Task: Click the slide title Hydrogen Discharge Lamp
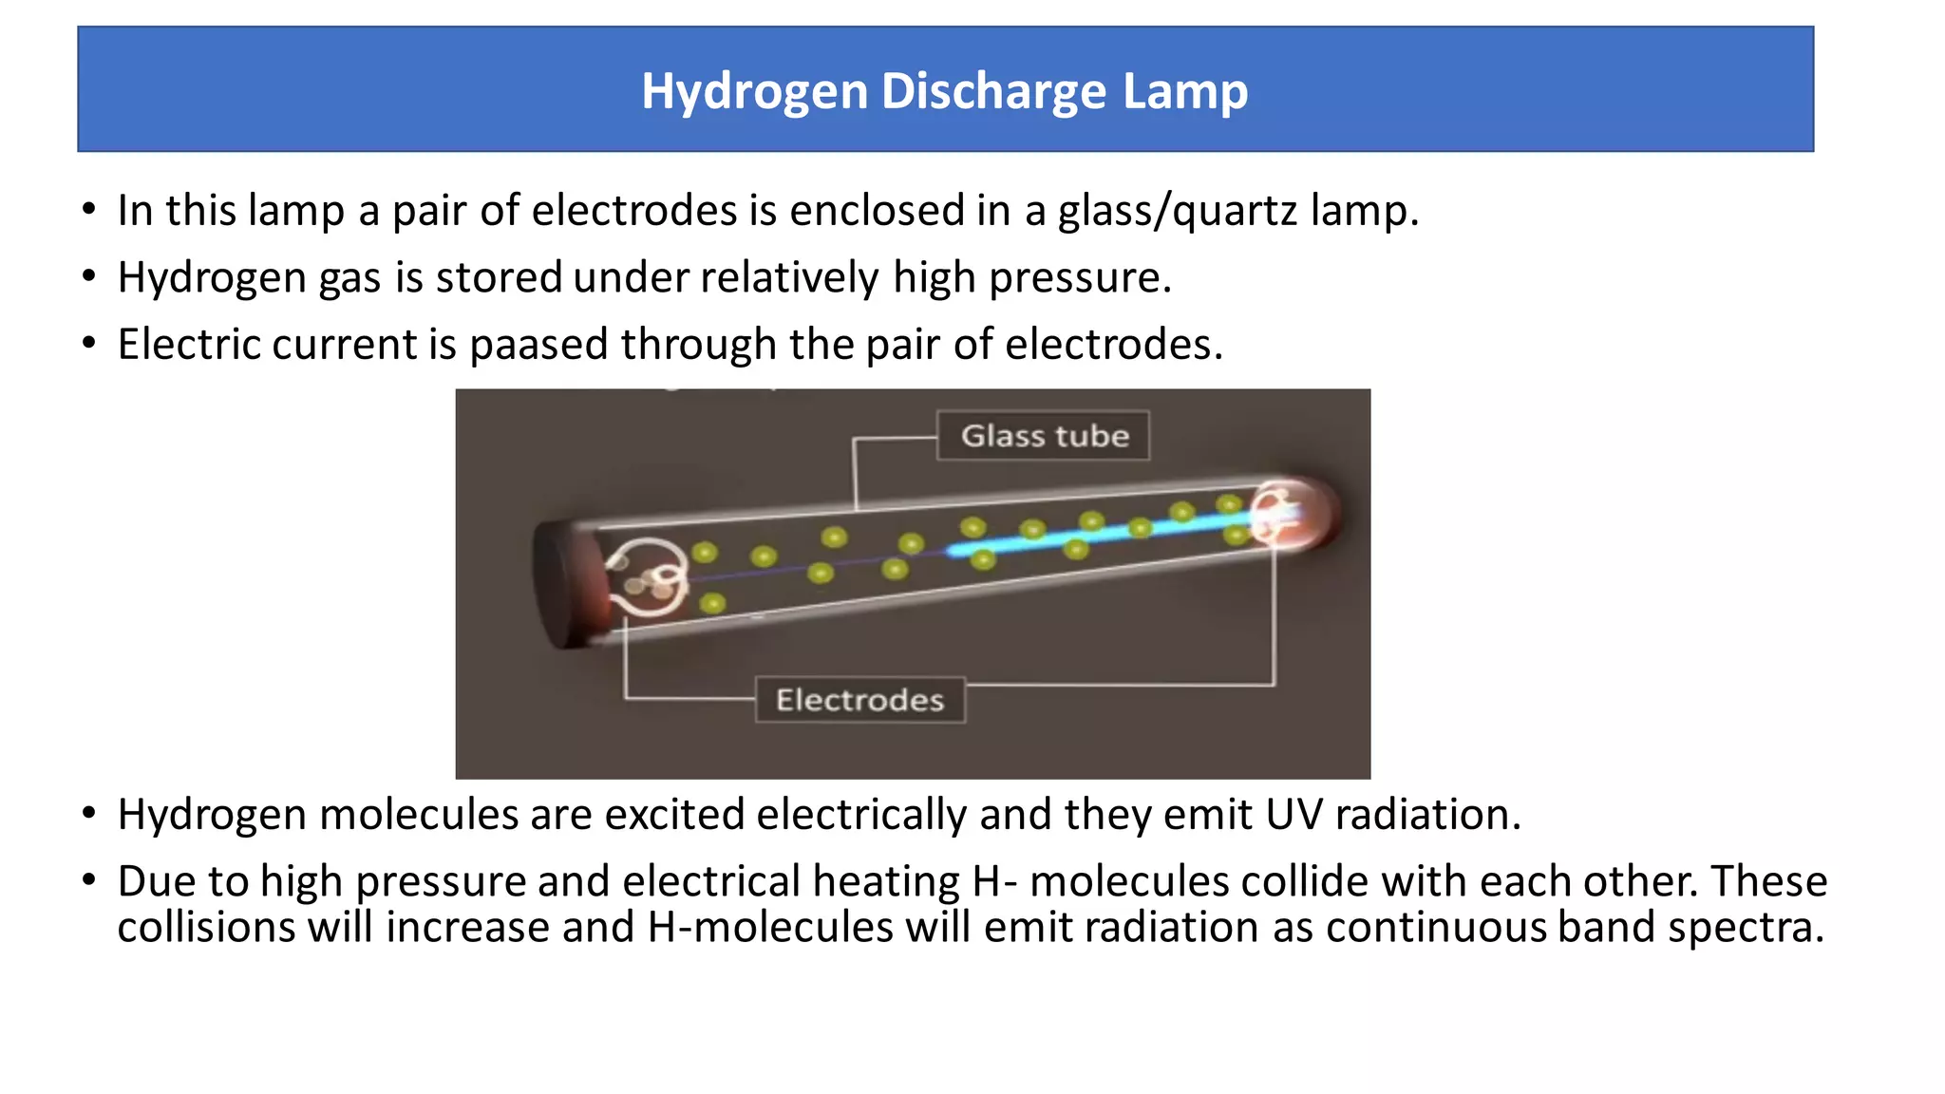(x=944, y=91)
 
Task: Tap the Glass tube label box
(x=1044, y=436)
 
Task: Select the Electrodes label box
(x=859, y=700)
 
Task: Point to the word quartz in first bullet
(x=1235, y=211)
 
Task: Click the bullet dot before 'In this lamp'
(x=89, y=209)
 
